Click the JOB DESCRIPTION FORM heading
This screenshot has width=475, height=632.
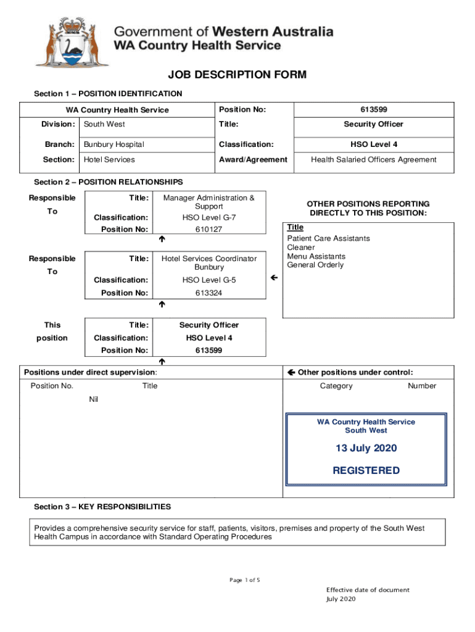(237, 75)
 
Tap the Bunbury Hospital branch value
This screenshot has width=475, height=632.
(114, 144)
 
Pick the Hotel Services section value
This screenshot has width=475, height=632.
(109, 160)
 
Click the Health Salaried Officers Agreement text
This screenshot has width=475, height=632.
(373, 160)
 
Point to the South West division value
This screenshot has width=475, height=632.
(104, 124)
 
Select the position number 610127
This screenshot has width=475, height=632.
(209, 230)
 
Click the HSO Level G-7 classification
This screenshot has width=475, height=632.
(209, 218)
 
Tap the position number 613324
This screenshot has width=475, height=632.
(209, 293)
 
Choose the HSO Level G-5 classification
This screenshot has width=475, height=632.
(209, 280)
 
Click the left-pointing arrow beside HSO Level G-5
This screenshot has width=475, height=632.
(275, 279)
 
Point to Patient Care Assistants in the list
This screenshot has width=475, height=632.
(328, 238)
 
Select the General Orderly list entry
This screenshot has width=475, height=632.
(315, 265)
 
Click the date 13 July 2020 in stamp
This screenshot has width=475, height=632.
(366, 448)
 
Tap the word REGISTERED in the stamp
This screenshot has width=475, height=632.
(366, 470)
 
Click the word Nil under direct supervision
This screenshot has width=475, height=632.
(94, 399)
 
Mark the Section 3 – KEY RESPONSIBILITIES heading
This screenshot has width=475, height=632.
(102, 507)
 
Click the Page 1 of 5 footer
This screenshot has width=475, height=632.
(244, 580)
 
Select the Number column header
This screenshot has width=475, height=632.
(421, 386)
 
